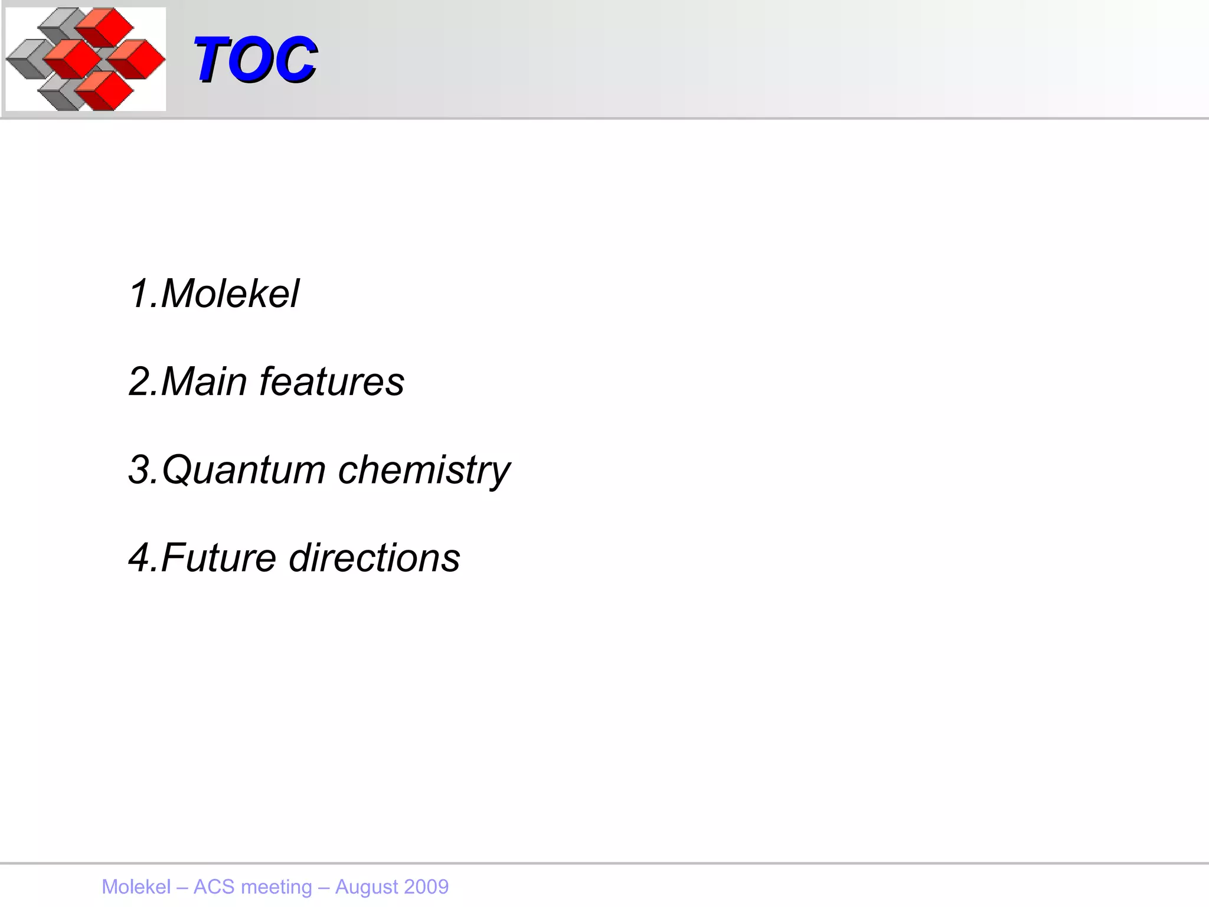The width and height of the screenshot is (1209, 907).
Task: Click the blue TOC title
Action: coord(255,59)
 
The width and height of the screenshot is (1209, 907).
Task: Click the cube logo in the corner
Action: coord(86,59)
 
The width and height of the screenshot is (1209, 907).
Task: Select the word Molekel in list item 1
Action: coord(230,293)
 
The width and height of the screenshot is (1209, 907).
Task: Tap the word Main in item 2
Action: coord(203,381)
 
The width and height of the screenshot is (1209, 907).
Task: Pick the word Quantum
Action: coord(243,470)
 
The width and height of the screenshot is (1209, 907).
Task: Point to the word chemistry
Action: coord(424,470)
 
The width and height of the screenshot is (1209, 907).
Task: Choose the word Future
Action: coord(218,557)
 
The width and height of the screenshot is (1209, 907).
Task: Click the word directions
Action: coord(374,557)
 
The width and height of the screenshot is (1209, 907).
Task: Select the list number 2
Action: coord(140,381)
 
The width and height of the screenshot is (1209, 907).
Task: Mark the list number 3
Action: coord(140,470)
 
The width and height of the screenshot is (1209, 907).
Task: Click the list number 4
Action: coord(140,557)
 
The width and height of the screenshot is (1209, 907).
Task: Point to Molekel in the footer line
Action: coord(136,887)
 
